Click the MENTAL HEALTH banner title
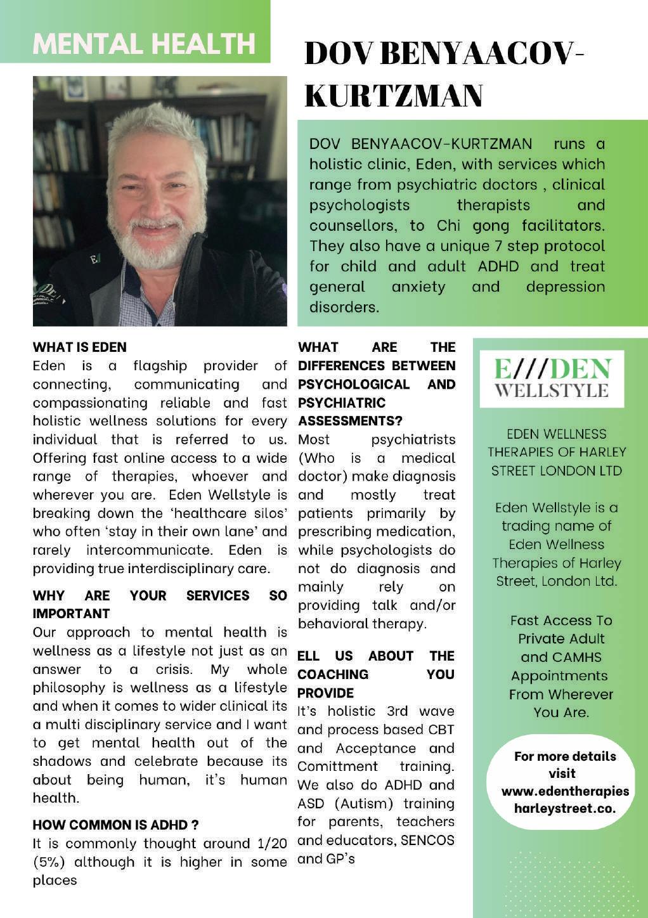point(145,43)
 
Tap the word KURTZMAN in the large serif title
point(394,96)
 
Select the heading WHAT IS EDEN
point(80,347)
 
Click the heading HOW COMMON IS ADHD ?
point(115,825)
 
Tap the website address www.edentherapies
point(565,791)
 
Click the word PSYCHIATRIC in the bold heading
point(342,403)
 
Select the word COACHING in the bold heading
point(333,674)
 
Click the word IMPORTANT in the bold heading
point(71,614)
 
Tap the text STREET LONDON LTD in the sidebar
point(557,470)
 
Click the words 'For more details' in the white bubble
point(564,756)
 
